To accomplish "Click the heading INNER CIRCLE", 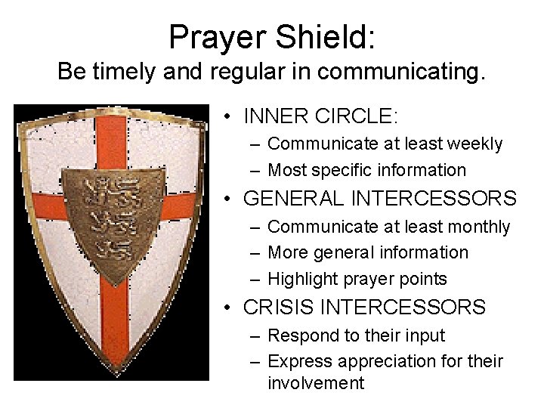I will (x=320, y=116).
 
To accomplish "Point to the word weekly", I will (x=477, y=144).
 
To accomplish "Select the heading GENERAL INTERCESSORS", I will (x=379, y=199).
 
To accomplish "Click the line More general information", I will (x=368, y=252).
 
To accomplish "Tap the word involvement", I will (x=316, y=383).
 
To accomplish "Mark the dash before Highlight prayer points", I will (x=255, y=279).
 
